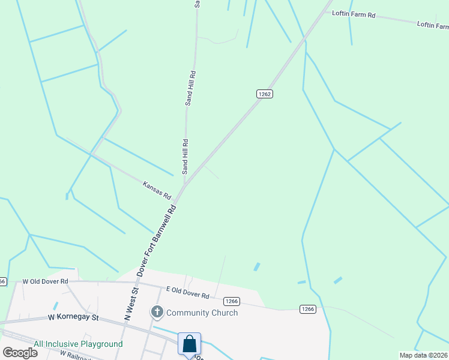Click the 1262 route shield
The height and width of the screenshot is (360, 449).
(265, 94)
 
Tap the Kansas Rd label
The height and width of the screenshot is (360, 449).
(157, 190)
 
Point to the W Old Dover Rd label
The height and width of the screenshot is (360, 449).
(46, 281)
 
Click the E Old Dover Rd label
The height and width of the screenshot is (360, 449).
(187, 293)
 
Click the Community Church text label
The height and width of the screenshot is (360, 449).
(202, 313)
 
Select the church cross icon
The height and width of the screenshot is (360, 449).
(157, 312)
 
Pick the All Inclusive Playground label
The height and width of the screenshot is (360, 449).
(78, 344)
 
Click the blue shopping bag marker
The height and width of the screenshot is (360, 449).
(190, 344)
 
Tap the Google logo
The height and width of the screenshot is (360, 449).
(20, 353)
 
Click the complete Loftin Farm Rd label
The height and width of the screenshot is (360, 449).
(354, 14)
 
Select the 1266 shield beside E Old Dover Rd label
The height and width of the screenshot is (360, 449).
(232, 301)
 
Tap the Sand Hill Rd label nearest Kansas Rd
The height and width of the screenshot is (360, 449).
(185, 154)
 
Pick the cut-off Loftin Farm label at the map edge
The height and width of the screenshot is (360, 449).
(433, 25)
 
